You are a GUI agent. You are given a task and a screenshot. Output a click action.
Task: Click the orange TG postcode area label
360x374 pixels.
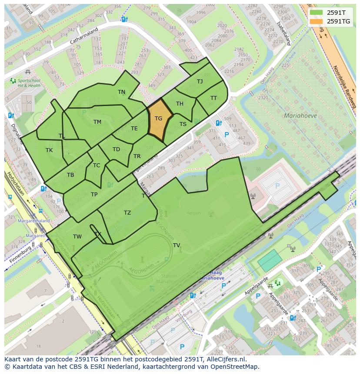point(158,118)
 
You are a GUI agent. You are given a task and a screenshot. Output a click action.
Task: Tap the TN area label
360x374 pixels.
point(121,92)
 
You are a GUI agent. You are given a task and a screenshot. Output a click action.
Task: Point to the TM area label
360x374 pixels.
point(97,122)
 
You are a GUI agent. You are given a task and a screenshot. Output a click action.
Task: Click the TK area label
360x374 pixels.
point(49,150)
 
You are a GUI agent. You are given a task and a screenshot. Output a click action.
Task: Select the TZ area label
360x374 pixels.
point(127,212)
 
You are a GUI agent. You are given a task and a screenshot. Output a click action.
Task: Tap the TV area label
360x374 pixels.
point(176,245)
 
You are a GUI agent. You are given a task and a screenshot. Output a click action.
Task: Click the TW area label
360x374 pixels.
point(77,236)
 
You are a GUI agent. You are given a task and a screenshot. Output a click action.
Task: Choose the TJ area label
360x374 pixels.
point(200,81)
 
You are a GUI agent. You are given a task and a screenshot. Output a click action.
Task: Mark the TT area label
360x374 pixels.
point(213,98)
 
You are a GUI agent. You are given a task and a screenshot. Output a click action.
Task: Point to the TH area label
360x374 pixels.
point(180,103)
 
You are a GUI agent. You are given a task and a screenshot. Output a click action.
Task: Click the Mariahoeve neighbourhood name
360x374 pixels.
point(300,116)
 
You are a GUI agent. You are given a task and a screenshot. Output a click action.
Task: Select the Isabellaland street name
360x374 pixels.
point(284,34)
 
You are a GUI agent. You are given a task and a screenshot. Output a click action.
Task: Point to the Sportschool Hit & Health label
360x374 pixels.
point(29,83)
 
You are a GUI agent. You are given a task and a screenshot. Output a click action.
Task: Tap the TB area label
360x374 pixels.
point(70,175)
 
